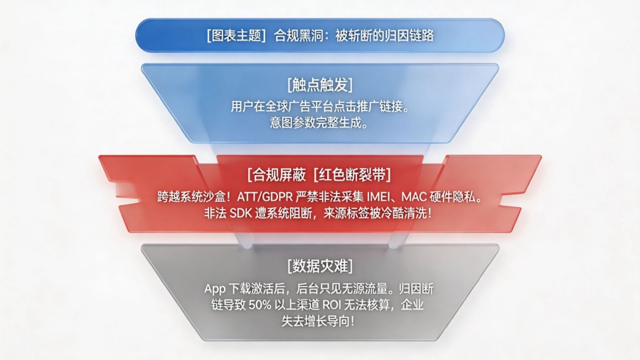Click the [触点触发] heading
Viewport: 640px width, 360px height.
320,85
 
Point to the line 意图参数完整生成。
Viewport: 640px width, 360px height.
320,122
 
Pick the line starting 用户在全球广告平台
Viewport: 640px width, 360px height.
320,107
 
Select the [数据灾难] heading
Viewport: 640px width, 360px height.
320,267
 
